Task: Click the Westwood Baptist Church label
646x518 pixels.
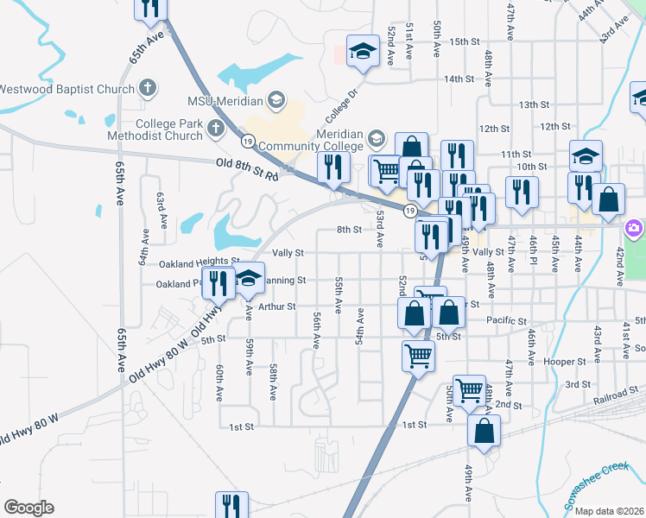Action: [x=67, y=89]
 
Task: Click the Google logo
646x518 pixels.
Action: [x=28, y=508]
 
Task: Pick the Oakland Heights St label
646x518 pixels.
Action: [x=199, y=262]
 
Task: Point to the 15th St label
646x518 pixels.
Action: [x=464, y=41]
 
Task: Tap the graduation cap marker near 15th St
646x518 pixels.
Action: [x=364, y=52]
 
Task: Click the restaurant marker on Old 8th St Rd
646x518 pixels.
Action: [x=332, y=167]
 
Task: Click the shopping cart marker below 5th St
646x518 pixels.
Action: [x=418, y=353]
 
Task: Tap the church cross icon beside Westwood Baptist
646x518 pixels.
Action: [x=148, y=88]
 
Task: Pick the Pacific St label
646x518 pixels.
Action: [x=505, y=320]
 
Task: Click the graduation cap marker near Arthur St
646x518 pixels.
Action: [x=250, y=278]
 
